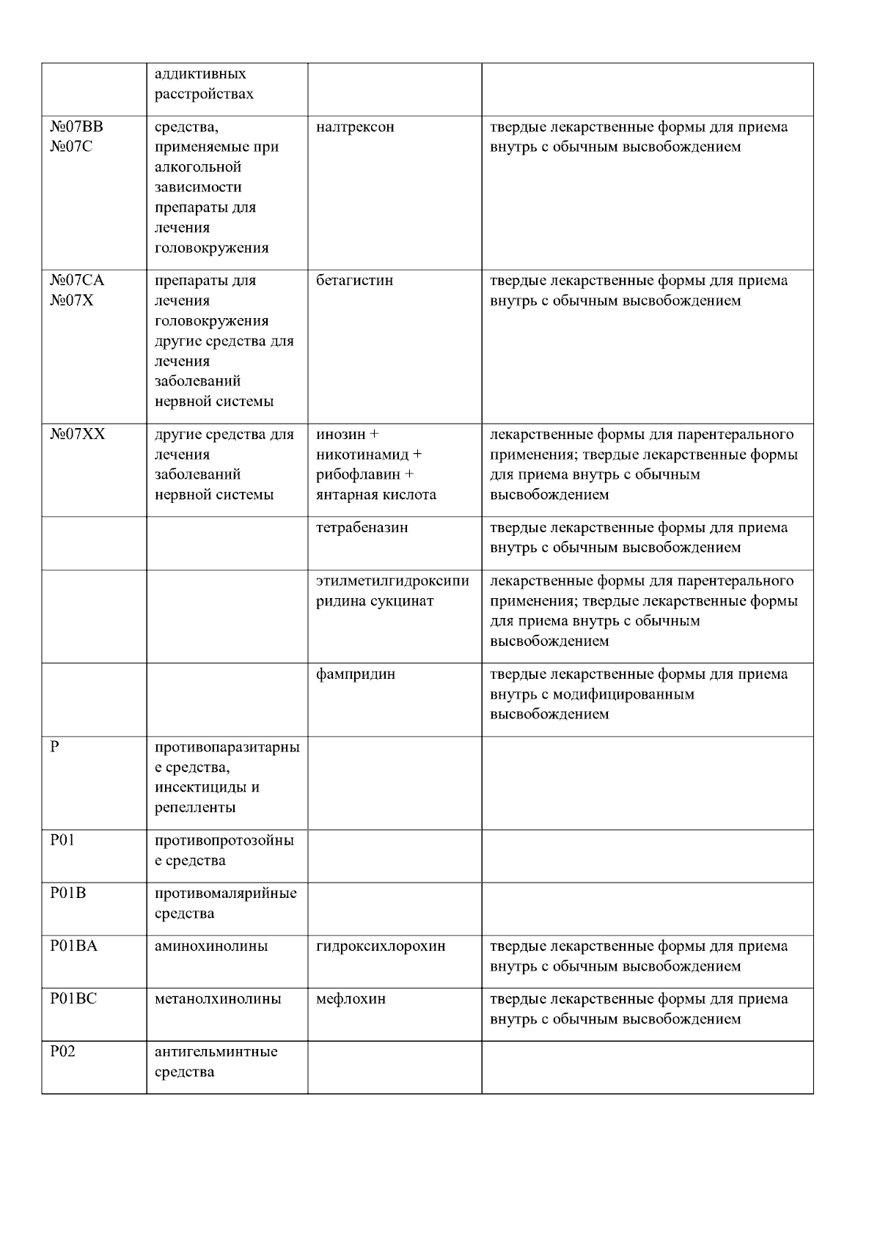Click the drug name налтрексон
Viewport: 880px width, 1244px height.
click(355, 128)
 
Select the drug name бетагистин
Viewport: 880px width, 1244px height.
click(354, 281)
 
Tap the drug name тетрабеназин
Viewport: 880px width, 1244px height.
click(362, 528)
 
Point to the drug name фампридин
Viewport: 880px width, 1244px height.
click(356, 674)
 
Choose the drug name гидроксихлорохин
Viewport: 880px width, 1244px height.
click(381, 946)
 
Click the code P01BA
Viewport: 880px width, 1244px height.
click(73, 946)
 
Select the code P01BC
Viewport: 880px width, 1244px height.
click(73, 999)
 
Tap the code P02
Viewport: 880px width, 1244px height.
click(63, 1052)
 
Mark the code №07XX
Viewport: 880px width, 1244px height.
click(77, 435)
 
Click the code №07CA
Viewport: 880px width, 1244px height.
click(77, 281)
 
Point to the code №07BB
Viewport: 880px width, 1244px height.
click(77, 127)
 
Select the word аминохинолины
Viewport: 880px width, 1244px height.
click(211, 946)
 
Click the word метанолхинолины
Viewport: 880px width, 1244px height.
click(218, 999)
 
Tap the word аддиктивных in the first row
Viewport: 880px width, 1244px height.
click(200, 74)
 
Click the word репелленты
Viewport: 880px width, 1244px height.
click(195, 808)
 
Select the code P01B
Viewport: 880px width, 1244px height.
click(68, 894)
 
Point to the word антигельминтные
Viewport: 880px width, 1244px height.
click(216, 1052)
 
